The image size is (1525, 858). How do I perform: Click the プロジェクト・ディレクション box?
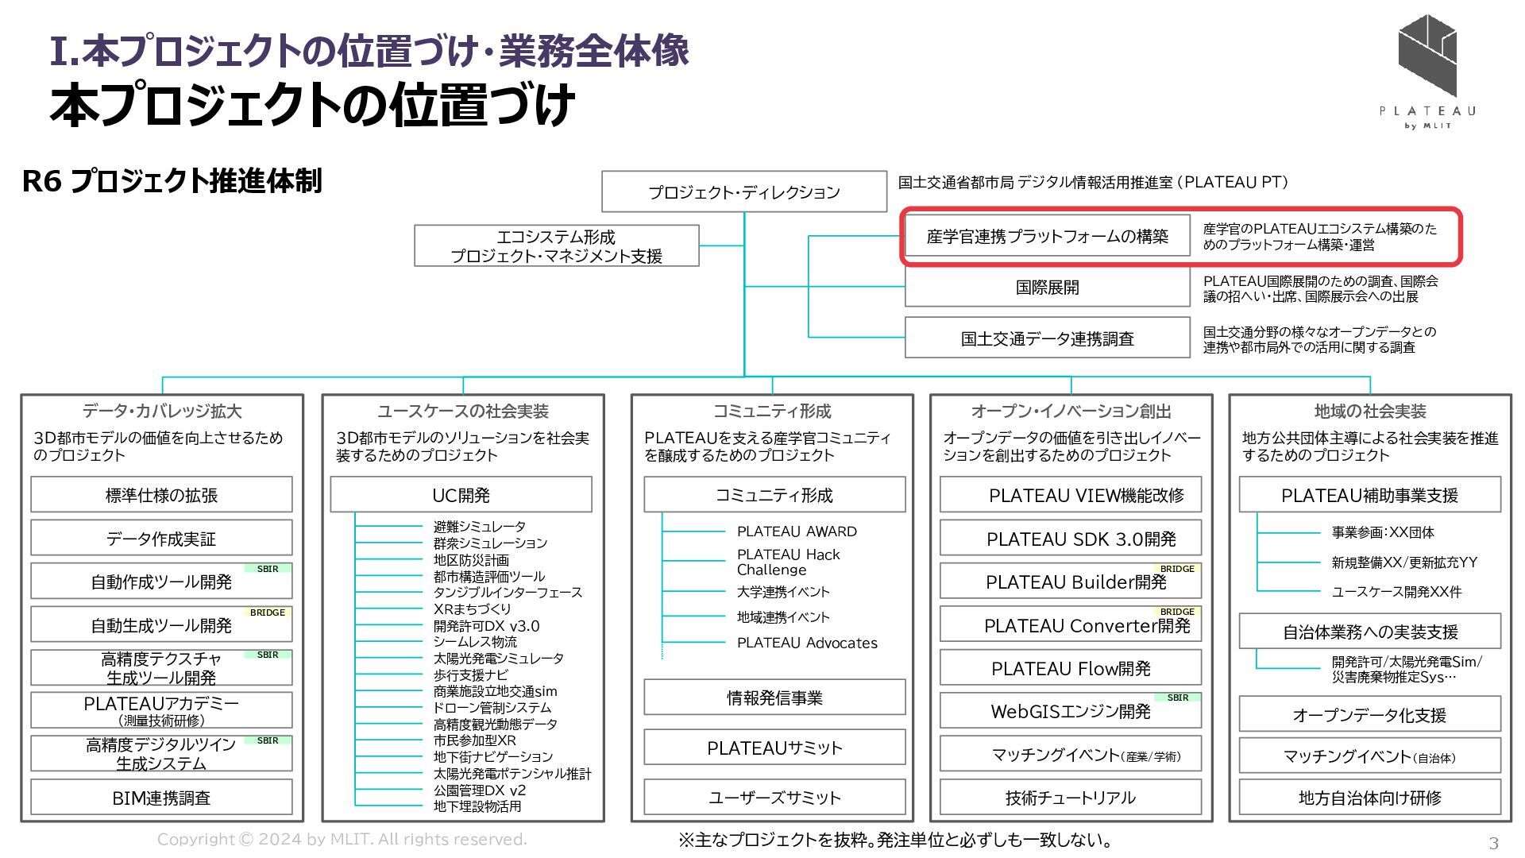tap(743, 191)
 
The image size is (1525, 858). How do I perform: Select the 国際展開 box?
tap(1047, 287)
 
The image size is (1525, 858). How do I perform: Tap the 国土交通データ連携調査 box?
tap(1047, 338)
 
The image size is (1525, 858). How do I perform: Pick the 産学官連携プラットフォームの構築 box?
tap(1047, 236)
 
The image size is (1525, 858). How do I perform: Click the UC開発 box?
tap(461, 495)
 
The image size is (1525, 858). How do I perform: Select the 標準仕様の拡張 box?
tap(161, 495)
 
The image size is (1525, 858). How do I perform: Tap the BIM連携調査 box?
tap(161, 798)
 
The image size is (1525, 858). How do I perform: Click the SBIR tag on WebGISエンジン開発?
tap(1177, 698)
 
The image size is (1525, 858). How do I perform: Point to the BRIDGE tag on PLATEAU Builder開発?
tap(1177, 569)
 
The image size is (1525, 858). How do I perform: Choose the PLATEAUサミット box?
tap(774, 748)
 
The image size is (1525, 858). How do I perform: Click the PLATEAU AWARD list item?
tap(797, 531)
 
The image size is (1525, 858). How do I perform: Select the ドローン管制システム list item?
tap(492, 707)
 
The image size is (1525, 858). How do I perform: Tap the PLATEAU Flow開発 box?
tap(1070, 668)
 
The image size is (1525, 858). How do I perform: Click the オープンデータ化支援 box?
tap(1369, 715)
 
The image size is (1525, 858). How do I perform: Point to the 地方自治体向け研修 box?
tap(1369, 798)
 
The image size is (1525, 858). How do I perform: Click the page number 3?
tap(1493, 843)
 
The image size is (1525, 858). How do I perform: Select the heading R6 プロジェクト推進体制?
tap(172, 181)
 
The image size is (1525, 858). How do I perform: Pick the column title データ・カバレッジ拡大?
tap(162, 411)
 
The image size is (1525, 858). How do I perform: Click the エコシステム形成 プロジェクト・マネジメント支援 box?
tap(556, 246)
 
